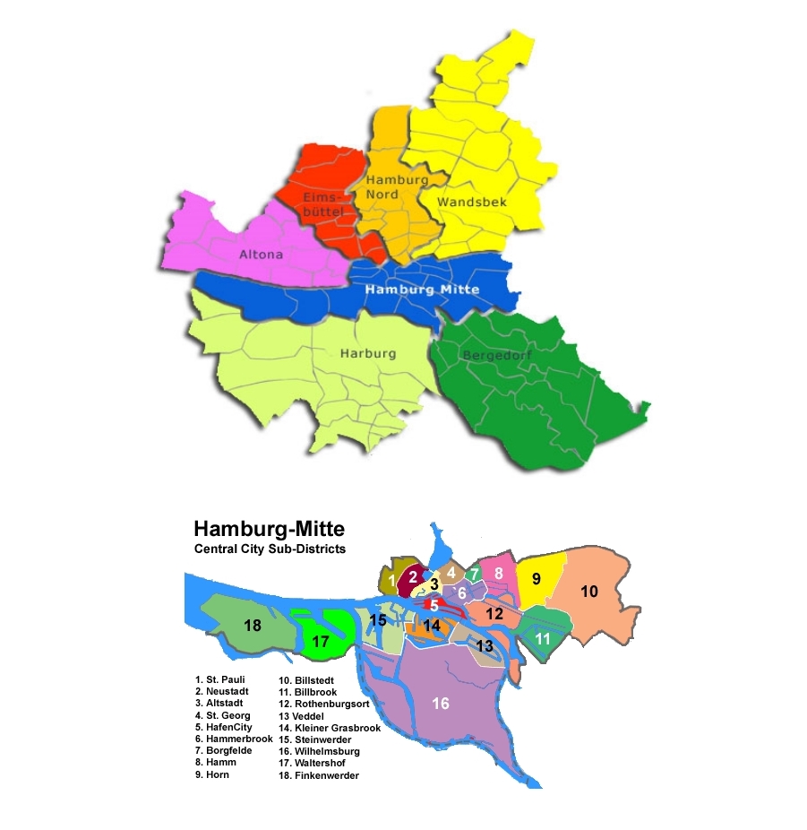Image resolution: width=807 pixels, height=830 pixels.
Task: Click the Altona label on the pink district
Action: tap(261, 255)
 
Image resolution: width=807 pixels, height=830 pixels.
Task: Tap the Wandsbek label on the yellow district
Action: tap(471, 202)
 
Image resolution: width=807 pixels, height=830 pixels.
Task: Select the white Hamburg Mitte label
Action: tap(422, 290)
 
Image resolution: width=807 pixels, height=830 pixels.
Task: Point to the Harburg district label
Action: tap(367, 354)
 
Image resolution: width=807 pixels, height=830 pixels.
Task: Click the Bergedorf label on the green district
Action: tap(497, 356)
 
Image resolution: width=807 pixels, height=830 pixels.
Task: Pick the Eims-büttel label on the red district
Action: tap(319, 203)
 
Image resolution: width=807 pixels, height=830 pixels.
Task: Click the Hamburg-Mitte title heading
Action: tap(269, 529)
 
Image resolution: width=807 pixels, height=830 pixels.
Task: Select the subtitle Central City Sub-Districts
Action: tap(270, 549)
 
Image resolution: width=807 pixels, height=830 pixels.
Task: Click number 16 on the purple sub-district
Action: tap(441, 704)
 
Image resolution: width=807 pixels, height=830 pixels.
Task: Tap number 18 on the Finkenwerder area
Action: tap(253, 626)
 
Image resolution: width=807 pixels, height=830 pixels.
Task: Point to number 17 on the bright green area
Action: tap(321, 642)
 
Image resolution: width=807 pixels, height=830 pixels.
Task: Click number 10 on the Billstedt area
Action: tap(588, 592)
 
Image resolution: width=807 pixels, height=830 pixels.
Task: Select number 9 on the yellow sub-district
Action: tap(536, 579)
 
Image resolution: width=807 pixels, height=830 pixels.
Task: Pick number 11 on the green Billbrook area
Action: tap(543, 639)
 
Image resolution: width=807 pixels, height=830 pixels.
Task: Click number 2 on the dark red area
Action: tap(413, 577)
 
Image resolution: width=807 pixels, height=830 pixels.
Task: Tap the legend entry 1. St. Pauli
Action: tap(219, 679)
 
